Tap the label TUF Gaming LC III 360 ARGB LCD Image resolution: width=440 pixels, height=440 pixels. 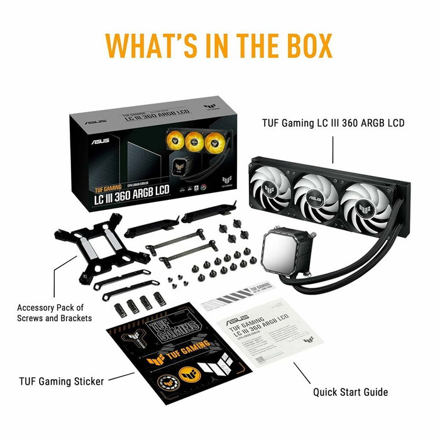pyautogui.click(x=333, y=123)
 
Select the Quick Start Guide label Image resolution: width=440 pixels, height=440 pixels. pyautogui.click(x=351, y=392)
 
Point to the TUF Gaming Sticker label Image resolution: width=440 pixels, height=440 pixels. pyautogui.click(x=62, y=381)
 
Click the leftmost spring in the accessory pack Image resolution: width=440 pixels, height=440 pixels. pyautogui.click(x=119, y=308)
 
